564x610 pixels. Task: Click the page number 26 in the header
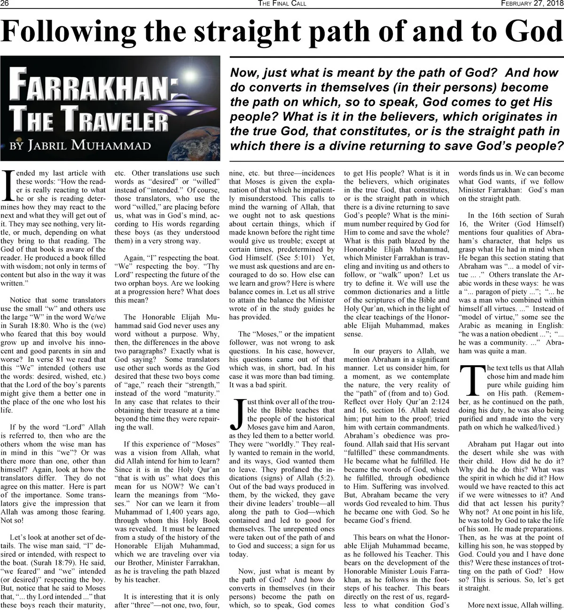click(x=7, y=4)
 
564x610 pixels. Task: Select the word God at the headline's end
click(x=532, y=32)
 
